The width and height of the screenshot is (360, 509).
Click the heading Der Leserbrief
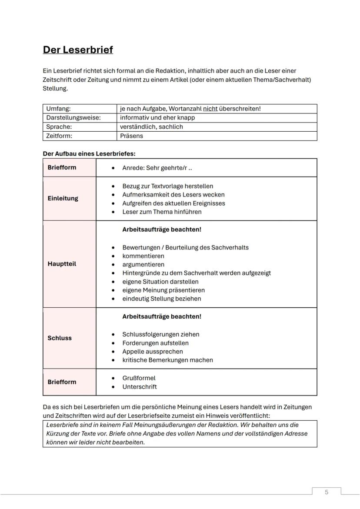pyautogui.click(x=78, y=50)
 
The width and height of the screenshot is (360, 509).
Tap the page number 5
pyautogui.click(x=327, y=492)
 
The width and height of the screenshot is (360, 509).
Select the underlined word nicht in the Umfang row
pyautogui.click(x=210, y=109)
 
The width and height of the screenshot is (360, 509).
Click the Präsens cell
pyautogui.click(x=132, y=136)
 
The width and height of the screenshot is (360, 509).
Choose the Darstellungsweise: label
pyautogui.click(x=73, y=117)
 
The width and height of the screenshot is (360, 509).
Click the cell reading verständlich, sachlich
pyautogui.click(x=152, y=126)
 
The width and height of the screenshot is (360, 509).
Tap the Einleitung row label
pyautogui.click(x=63, y=198)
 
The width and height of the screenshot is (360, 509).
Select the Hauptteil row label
pyautogui.click(x=62, y=264)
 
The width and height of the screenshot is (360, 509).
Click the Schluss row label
pyautogui.click(x=60, y=338)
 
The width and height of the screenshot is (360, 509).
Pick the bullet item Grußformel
pyautogui.click(x=139, y=378)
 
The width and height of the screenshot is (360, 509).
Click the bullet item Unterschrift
pyautogui.click(x=140, y=387)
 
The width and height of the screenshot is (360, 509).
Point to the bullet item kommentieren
pyautogui.click(x=143, y=256)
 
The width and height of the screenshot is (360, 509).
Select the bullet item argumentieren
pyautogui.click(x=143, y=264)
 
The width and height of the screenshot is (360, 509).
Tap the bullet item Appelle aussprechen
pyautogui.click(x=153, y=351)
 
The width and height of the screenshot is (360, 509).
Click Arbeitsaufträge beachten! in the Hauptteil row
pyautogui.click(x=162, y=229)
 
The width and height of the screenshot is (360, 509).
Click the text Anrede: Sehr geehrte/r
pyautogui.click(x=154, y=167)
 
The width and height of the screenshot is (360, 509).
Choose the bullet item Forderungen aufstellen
pyautogui.click(x=155, y=343)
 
